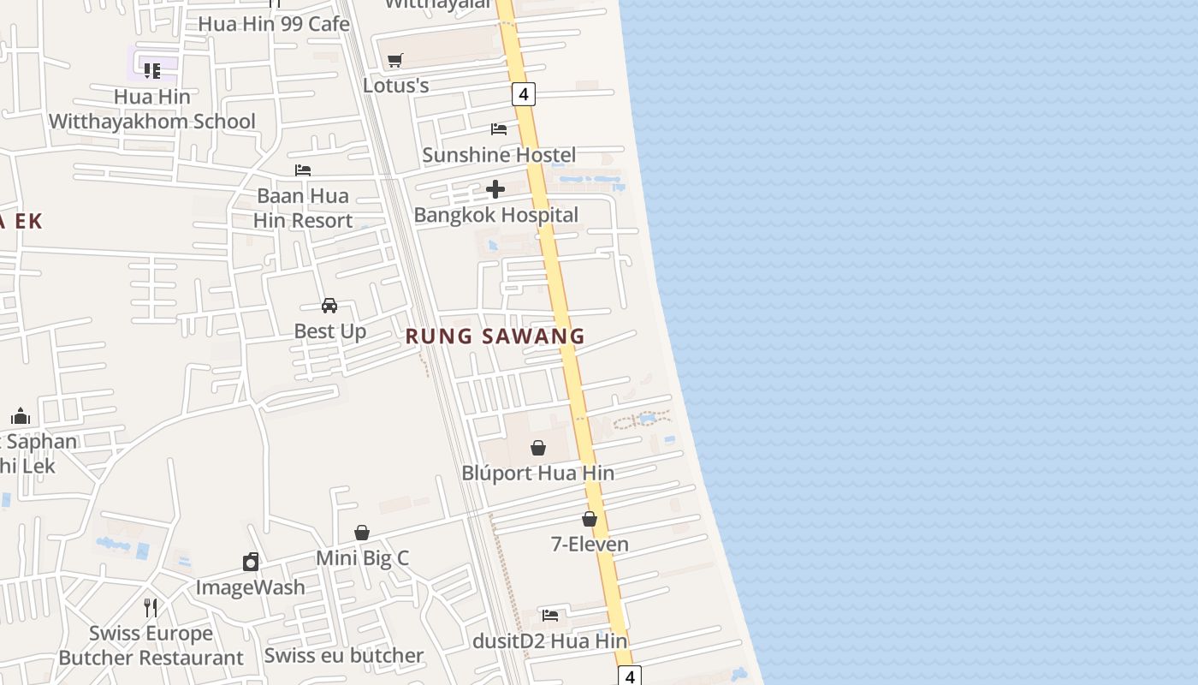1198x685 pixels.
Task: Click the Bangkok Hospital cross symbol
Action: pos(495,189)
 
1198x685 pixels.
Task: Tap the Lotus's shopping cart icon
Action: pos(394,61)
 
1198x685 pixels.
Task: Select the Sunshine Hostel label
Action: pos(499,155)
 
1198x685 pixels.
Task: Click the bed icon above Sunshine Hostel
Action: pos(499,129)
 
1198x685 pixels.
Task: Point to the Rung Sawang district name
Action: pos(495,336)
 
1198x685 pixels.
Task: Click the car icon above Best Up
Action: pos(329,306)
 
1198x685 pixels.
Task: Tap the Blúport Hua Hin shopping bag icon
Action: pos(538,448)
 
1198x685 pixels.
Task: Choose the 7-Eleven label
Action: pos(590,545)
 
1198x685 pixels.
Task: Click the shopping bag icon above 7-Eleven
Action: pos(590,519)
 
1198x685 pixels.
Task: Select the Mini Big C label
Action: pos(363,558)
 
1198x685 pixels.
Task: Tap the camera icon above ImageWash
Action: pos(251,562)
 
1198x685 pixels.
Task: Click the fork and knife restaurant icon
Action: pos(151,608)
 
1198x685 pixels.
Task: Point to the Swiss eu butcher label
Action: pos(344,656)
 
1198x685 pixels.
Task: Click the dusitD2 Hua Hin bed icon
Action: pos(550,616)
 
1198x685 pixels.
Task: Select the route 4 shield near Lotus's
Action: pos(524,93)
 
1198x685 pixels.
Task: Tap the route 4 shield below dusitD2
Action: pos(630,676)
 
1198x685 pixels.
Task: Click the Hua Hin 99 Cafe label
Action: pos(274,24)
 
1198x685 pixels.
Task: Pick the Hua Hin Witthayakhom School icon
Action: pos(152,70)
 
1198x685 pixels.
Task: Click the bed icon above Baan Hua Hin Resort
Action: pos(303,170)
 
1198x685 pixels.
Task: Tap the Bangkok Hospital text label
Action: pos(496,215)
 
